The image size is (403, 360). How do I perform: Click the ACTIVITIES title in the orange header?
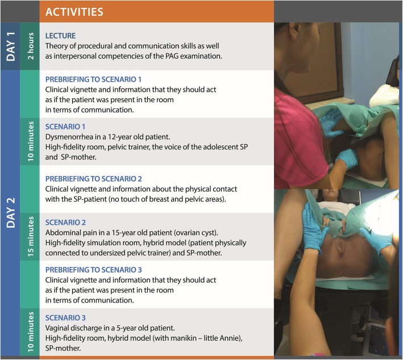(74, 12)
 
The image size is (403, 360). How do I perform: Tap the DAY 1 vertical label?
(11, 47)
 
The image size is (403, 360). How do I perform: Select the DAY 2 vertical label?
(11, 212)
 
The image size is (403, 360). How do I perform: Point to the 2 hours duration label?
(30, 46)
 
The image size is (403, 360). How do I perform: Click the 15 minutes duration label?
(30, 236)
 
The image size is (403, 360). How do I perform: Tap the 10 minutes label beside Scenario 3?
(30, 332)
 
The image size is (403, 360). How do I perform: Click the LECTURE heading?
(60, 36)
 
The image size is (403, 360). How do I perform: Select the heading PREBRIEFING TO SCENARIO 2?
(94, 179)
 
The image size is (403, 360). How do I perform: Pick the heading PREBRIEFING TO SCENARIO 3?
(94, 270)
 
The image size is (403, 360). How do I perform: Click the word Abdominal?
(62, 233)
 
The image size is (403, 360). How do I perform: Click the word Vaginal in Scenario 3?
(57, 328)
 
